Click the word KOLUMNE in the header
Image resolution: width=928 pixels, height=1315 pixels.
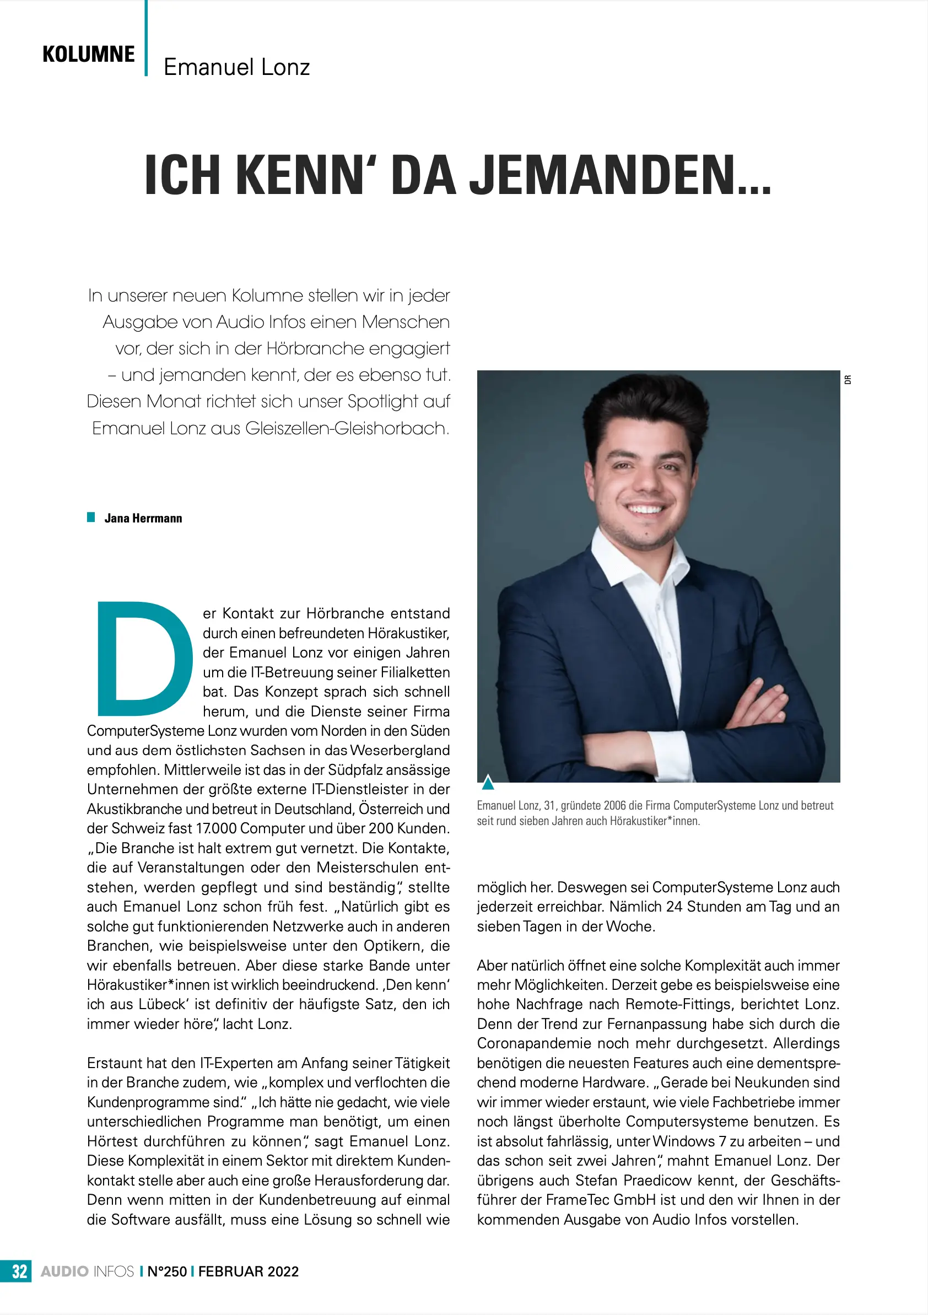tap(89, 55)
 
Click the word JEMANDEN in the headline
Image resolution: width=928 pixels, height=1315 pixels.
tap(620, 175)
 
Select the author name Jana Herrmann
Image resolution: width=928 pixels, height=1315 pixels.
tap(143, 518)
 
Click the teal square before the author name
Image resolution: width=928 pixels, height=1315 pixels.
tap(91, 517)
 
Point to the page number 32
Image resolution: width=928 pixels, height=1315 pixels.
tap(19, 1271)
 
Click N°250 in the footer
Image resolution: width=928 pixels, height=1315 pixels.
tap(168, 1271)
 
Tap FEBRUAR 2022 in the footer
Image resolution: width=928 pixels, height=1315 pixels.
tap(249, 1271)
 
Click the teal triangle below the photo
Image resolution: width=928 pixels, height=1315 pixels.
tap(488, 782)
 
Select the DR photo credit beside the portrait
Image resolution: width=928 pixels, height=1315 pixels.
tap(848, 379)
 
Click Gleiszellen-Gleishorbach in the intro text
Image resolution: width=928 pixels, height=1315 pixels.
tap(347, 428)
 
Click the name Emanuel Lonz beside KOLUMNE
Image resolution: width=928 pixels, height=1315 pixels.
tap(236, 67)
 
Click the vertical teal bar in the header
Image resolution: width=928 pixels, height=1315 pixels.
tap(147, 38)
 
